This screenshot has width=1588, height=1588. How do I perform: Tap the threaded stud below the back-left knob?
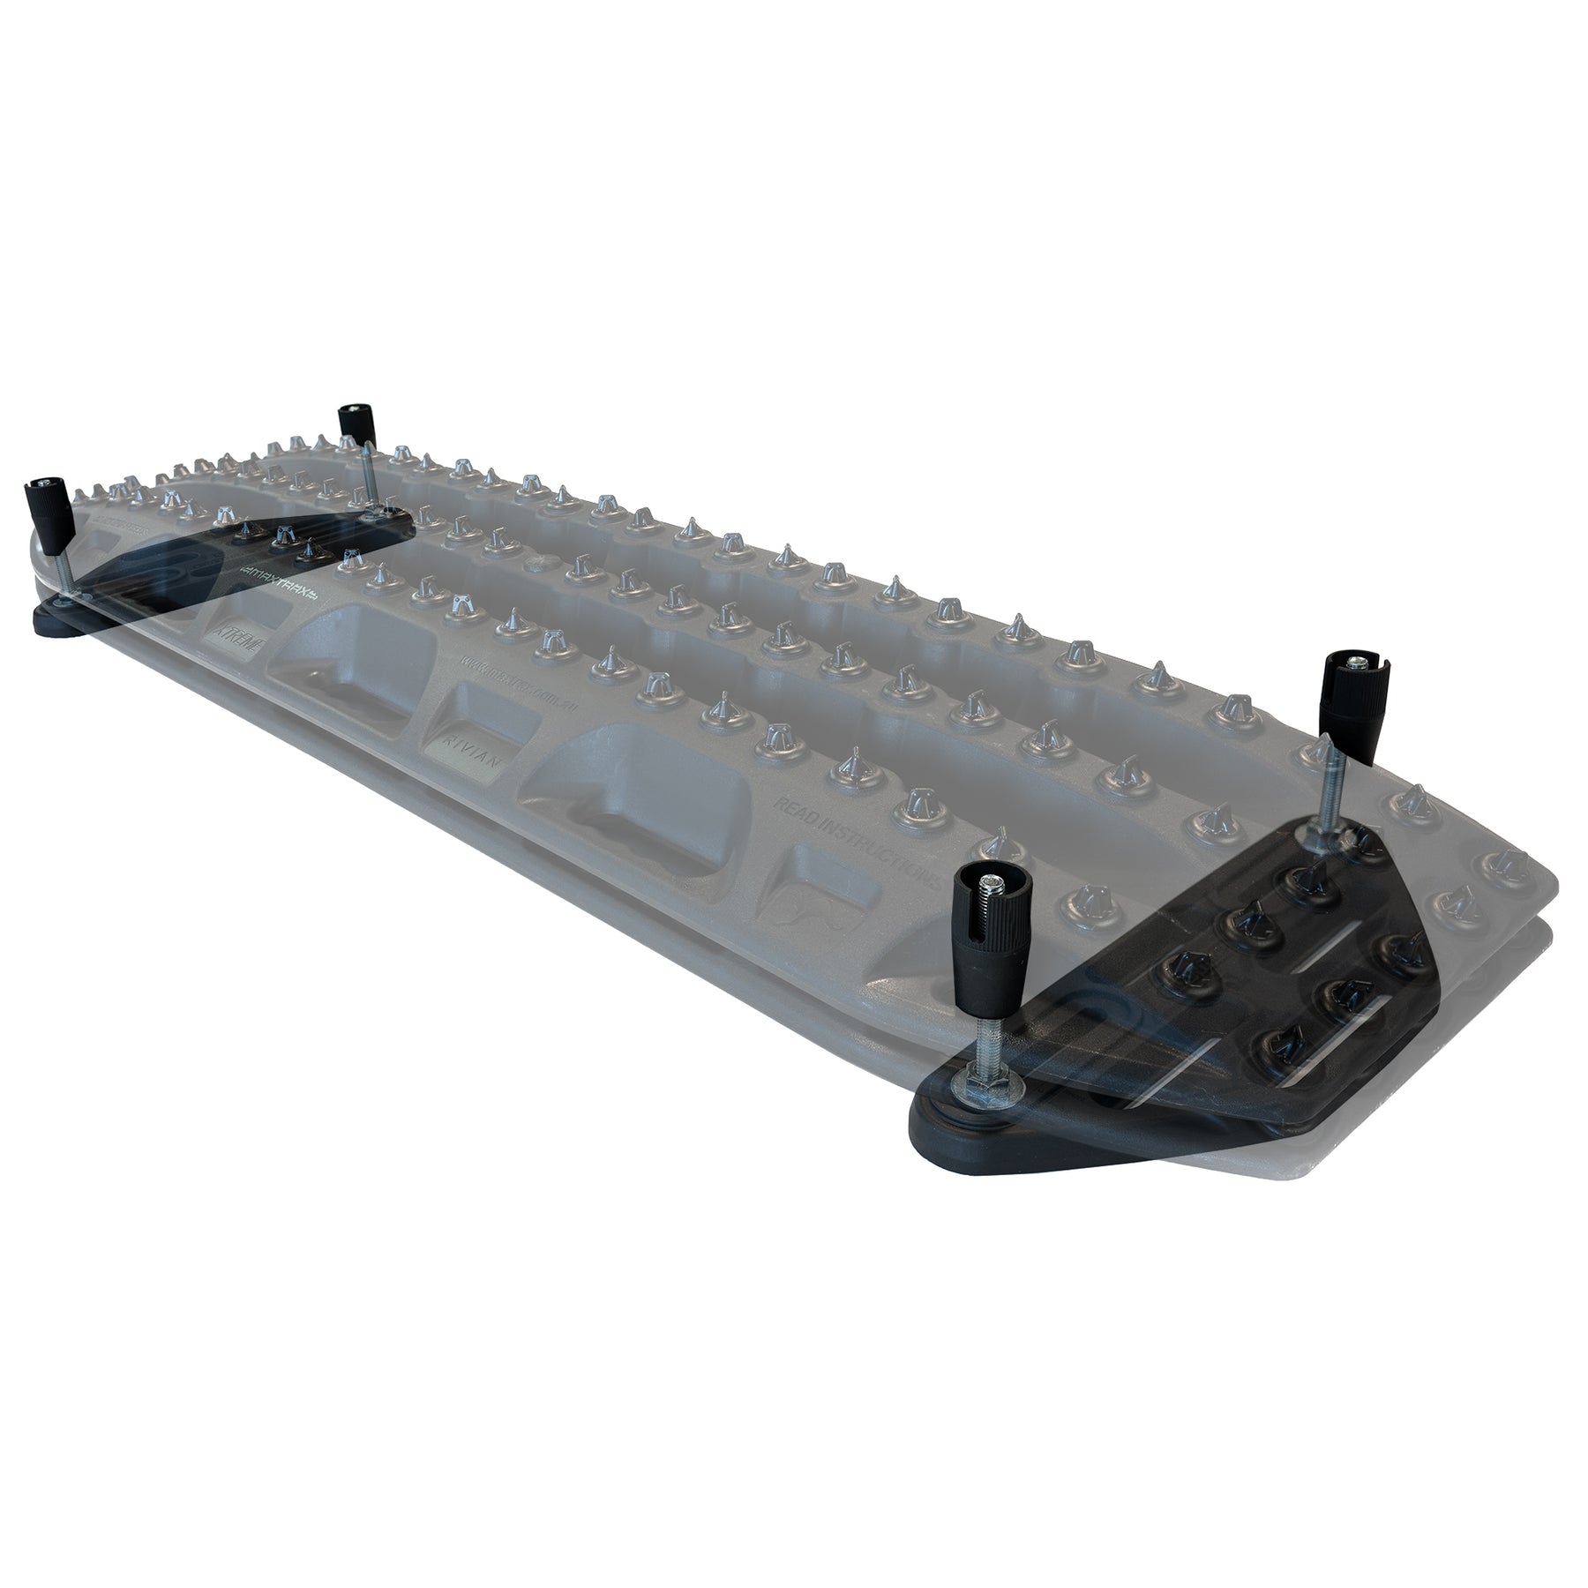point(370,476)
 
